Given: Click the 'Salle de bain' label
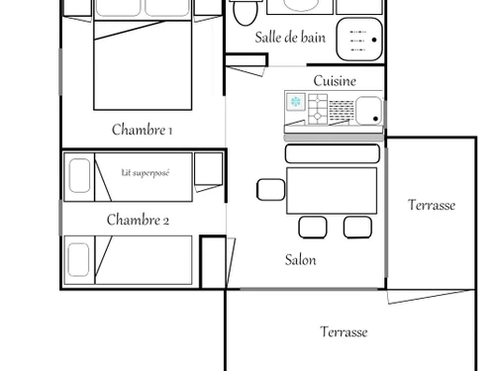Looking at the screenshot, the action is click(290, 38).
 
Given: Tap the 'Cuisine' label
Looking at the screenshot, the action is click(335, 81).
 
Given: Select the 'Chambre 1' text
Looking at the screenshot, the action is click(142, 130).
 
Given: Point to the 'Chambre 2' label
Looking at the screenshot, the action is click(138, 220).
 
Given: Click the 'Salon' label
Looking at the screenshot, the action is click(300, 260).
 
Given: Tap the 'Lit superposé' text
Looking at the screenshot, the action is click(146, 173).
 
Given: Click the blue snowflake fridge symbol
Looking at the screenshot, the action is click(295, 102).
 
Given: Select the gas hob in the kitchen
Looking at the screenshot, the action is click(318, 109).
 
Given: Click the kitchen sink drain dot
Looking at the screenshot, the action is click(375, 119).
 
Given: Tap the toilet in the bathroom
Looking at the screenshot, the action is click(245, 13).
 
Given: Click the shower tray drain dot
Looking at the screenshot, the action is click(374, 40).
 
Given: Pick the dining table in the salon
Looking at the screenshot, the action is click(332, 191).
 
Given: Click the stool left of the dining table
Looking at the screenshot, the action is click(271, 190).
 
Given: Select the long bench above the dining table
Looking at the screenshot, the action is click(333, 153).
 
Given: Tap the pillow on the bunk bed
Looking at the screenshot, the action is click(79, 176).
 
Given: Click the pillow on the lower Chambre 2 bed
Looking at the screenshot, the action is click(78, 259).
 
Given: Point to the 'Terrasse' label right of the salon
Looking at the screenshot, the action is click(432, 205).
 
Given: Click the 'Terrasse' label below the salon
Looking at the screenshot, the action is click(344, 331).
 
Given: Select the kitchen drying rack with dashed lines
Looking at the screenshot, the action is click(342, 111).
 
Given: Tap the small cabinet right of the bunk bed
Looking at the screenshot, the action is click(208, 168).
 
